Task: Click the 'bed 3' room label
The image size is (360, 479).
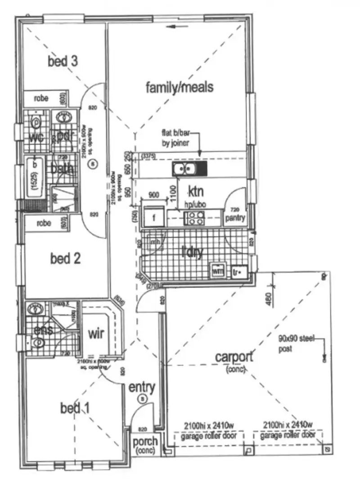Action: (63, 61)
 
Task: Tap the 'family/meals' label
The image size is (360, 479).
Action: (179, 87)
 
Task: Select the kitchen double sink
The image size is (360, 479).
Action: (184, 169)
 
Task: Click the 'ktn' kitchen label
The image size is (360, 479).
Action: (196, 191)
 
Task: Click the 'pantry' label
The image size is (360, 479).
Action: (236, 218)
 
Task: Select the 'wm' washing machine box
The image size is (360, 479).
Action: (218, 271)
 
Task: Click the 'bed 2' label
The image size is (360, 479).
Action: (65, 258)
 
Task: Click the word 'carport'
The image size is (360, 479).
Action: (234, 357)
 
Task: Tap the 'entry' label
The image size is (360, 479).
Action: (142, 387)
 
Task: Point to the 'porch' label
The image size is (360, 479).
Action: (145, 442)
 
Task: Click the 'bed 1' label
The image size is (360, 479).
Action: (75, 408)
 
